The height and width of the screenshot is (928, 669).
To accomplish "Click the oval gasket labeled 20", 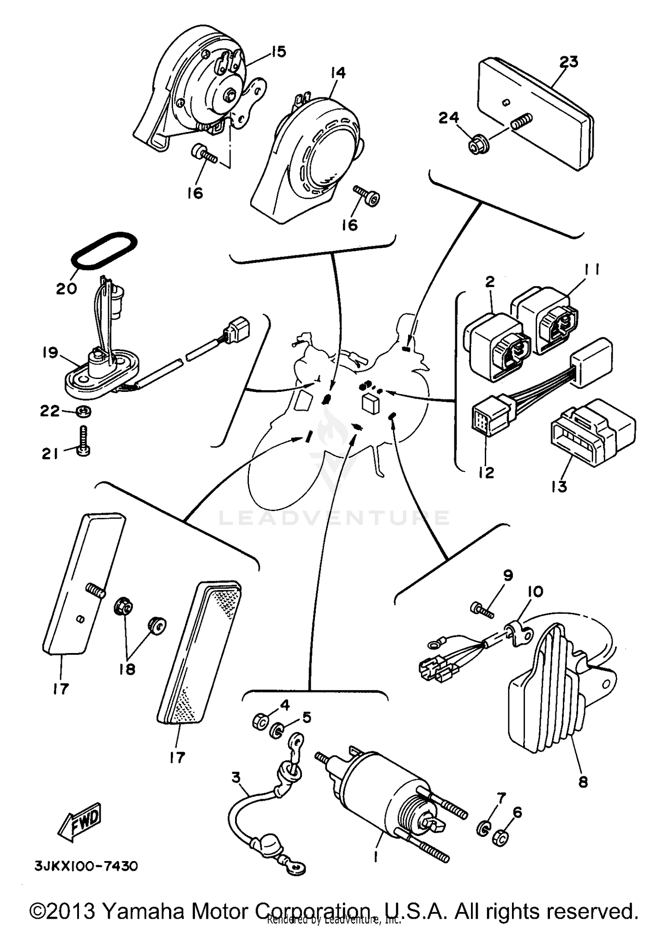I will [x=104, y=250].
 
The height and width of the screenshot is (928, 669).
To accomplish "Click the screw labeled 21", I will [x=84, y=441].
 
